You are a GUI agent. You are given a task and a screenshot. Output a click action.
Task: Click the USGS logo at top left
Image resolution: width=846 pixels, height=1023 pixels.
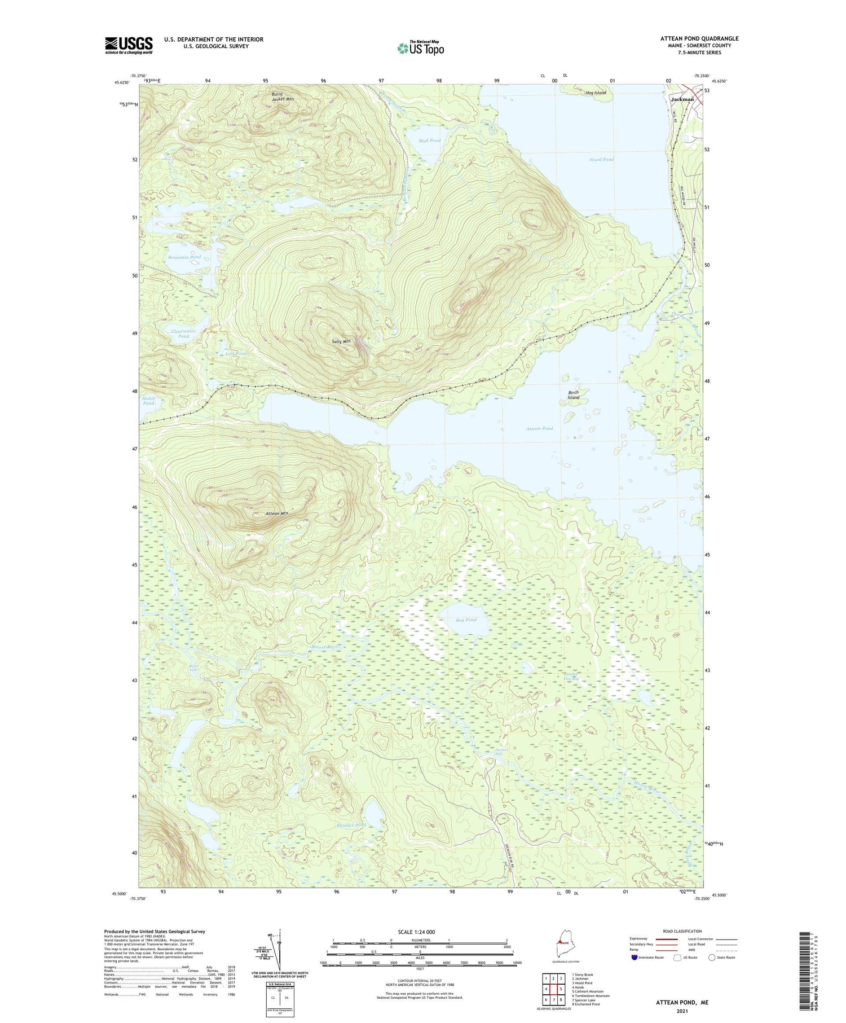point(129,45)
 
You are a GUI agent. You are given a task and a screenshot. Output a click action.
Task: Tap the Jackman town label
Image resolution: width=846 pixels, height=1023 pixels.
point(682,99)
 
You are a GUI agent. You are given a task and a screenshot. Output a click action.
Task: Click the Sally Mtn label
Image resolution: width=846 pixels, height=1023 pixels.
point(341,341)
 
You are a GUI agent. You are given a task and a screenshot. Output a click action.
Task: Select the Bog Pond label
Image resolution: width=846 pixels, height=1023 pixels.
point(466,620)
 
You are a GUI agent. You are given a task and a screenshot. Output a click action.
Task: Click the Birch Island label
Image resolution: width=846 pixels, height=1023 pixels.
point(574,394)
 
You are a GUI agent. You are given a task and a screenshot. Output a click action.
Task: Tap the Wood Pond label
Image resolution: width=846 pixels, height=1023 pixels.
point(601,160)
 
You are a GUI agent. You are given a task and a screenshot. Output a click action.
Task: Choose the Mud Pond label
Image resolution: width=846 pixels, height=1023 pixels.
point(430,141)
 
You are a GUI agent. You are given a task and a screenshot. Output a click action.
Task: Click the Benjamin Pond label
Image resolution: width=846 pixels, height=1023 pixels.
point(184,257)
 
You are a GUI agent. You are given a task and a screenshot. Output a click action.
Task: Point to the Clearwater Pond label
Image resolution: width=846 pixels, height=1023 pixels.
point(184,333)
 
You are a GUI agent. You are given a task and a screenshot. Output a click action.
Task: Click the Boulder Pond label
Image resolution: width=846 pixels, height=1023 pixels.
point(351,825)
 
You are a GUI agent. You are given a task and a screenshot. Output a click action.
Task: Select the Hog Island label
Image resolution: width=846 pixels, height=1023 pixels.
point(596,93)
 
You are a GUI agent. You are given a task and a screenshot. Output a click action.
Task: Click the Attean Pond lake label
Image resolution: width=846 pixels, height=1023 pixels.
point(540,429)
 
